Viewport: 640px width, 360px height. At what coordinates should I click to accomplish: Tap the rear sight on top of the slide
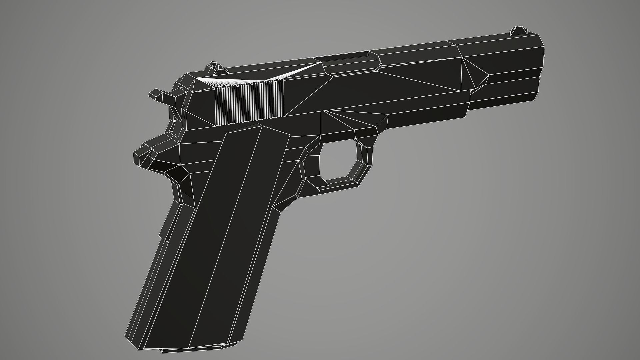[x=214, y=67]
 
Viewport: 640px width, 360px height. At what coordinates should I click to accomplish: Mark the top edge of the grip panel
[x=257, y=128]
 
